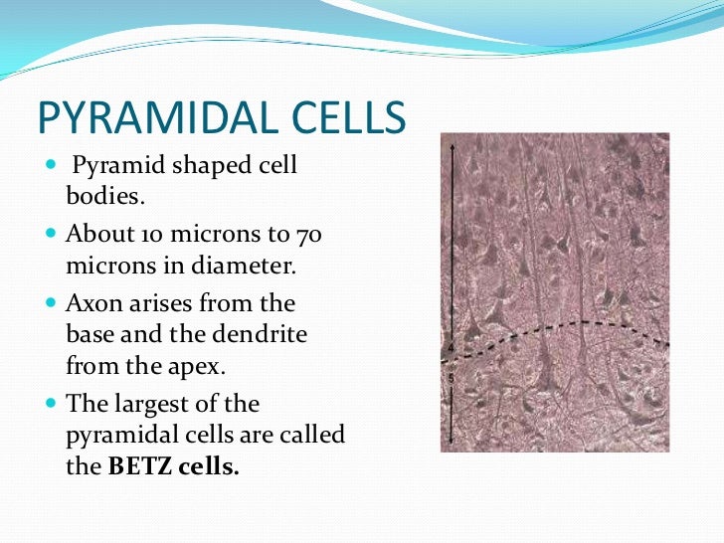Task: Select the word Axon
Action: click(92, 301)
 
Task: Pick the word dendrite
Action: click(263, 334)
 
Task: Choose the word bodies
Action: click(104, 196)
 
